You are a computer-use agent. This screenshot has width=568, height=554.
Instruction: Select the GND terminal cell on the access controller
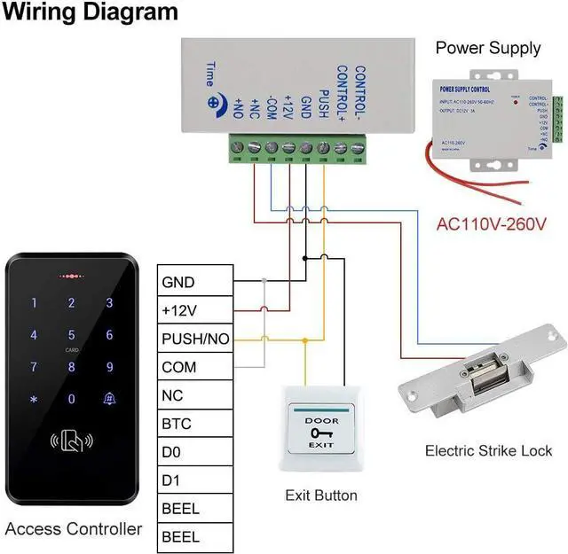pyautogui.click(x=195, y=282)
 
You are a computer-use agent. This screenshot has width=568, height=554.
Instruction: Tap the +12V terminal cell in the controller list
pyautogui.click(x=195, y=310)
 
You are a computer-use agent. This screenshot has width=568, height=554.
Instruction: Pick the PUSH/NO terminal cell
pyautogui.click(x=195, y=339)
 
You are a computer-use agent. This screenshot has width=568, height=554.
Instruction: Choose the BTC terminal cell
pyautogui.click(x=195, y=424)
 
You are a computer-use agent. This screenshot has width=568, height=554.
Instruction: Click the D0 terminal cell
pyautogui.click(x=195, y=452)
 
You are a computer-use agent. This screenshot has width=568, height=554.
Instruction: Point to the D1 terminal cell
pyautogui.click(x=195, y=480)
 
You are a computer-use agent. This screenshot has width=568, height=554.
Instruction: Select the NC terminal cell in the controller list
pyautogui.click(x=195, y=395)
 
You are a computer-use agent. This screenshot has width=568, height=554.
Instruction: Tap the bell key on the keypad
pyautogui.click(x=109, y=398)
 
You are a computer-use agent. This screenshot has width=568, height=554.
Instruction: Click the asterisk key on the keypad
pyautogui.click(x=34, y=399)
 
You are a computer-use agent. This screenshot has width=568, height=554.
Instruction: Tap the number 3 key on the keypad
pyautogui.click(x=109, y=303)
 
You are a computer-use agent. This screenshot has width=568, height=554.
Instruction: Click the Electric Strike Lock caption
pyautogui.click(x=488, y=451)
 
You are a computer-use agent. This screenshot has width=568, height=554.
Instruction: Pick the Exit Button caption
pyautogui.click(x=320, y=495)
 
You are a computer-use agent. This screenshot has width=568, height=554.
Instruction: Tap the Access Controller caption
pyautogui.click(x=74, y=529)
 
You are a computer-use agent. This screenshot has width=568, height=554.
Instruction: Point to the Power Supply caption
pyautogui.click(x=487, y=48)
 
